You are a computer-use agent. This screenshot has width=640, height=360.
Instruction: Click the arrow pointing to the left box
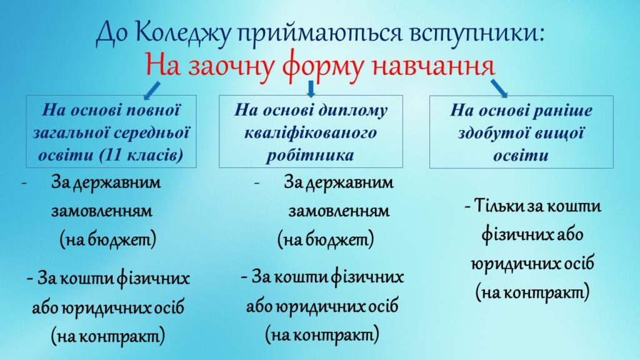152,91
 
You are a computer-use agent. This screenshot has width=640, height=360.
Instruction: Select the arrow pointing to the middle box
311,89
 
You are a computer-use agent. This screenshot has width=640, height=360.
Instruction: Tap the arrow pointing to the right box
499,88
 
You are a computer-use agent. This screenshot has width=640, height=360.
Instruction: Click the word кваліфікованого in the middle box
311,133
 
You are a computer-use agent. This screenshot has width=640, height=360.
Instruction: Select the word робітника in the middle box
310,155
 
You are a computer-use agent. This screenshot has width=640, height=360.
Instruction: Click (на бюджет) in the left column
108,239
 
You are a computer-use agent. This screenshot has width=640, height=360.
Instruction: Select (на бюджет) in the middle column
326,239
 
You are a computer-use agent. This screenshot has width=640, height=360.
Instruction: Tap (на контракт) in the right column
532,292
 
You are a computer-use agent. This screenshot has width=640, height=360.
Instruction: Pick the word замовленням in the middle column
339,211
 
